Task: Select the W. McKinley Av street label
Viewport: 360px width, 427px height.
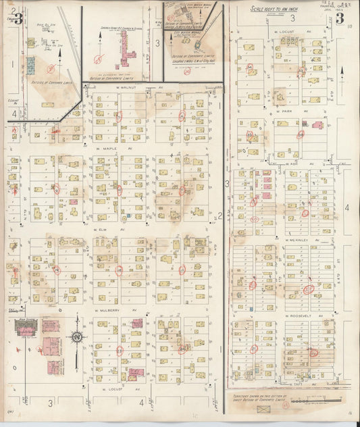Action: (x=297, y=240)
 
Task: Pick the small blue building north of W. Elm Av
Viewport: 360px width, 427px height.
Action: (x=127, y=215)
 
